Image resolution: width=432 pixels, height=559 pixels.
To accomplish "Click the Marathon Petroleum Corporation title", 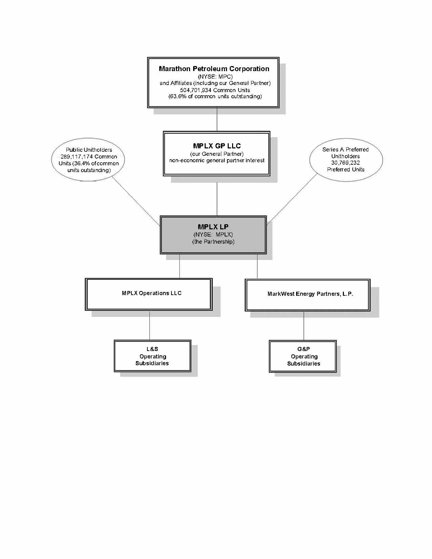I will tap(214, 69).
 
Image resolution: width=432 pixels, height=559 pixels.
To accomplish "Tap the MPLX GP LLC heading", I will tap(217, 146).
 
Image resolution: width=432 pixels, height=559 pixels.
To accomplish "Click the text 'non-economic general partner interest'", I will tap(217, 160).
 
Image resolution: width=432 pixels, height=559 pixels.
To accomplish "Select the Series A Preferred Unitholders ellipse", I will tap(346, 159).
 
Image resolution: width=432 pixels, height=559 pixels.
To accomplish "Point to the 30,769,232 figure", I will tap(345, 163).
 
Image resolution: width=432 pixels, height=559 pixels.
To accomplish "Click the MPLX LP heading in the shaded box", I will tap(213, 227).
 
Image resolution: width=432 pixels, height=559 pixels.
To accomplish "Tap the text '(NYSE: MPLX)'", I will tap(213, 234).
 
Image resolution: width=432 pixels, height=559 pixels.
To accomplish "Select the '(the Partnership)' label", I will tap(213, 242).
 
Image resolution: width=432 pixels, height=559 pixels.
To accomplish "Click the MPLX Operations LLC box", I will tap(149, 294).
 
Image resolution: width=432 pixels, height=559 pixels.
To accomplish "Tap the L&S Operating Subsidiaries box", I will tap(152, 356).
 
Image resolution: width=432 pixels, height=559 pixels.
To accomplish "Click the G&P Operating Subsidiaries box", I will tap(303, 356).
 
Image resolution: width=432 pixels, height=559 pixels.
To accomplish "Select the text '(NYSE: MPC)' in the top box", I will tap(215, 77).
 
